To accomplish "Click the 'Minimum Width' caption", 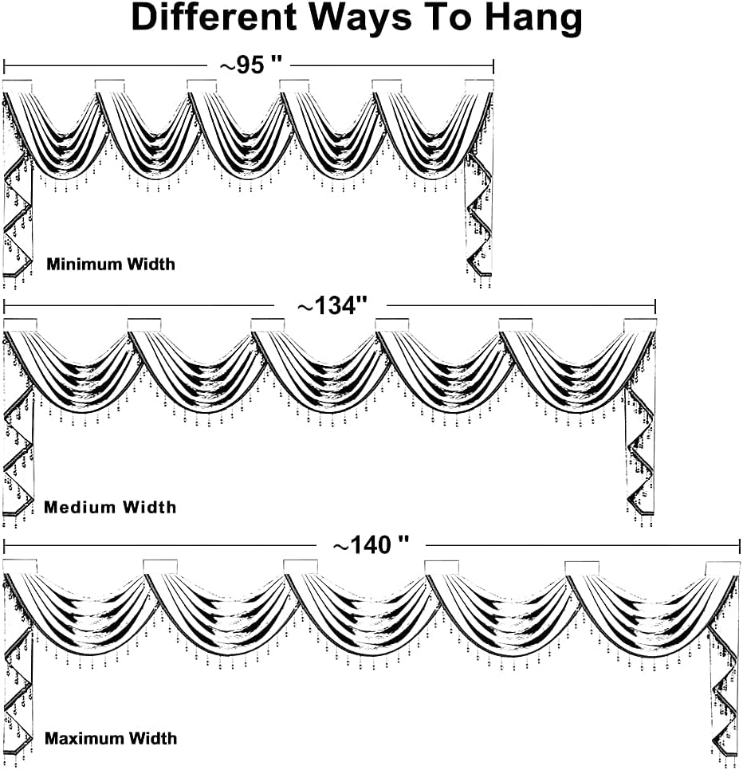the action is (x=110, y=264).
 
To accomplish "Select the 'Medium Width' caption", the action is (x=110, y=507).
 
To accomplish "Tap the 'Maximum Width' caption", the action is (x=111, y=739).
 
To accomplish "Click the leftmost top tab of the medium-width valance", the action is (x=21, y=324).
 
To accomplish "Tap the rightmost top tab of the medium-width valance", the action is (x=639, y=324).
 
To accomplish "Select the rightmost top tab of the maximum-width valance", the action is (x=722, y=568).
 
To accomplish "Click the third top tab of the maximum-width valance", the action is (x=301, y=567).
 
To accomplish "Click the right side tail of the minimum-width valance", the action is (x=479, y=215).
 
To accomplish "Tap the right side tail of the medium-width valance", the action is (x=640, y=454).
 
